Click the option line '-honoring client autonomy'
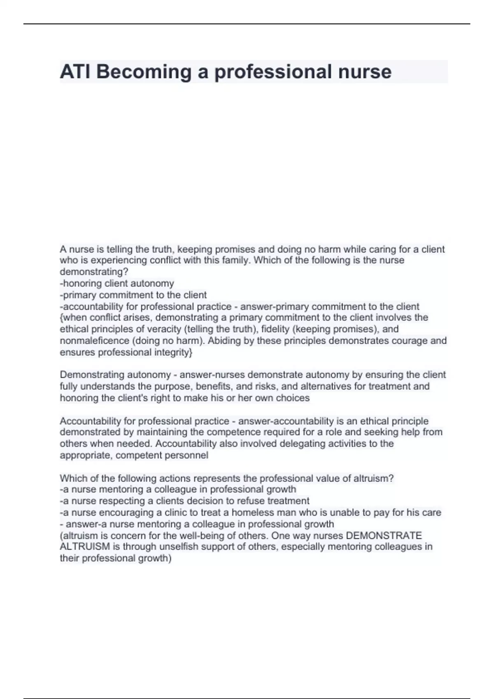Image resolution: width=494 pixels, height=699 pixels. [117, 283]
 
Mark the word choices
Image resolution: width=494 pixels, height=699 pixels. [293, 398]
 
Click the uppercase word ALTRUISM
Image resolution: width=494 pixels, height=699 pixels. [85, 547]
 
